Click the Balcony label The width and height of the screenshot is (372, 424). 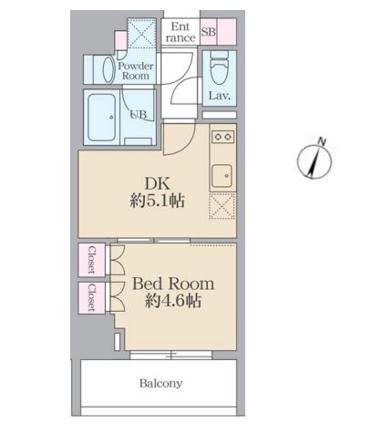(x=160, y=383)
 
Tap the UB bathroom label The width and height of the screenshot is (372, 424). (x=138, y=115)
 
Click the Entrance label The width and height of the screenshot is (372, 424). (x=181, y=33)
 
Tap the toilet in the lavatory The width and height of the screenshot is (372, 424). (x=219, y=66)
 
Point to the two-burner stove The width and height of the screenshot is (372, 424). (x=222, y=139)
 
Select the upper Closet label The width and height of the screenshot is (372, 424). (x=92, y=261)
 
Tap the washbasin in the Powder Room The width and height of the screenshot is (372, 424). (x=99, y=69)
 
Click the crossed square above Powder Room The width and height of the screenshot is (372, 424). (x=140, y=36)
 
